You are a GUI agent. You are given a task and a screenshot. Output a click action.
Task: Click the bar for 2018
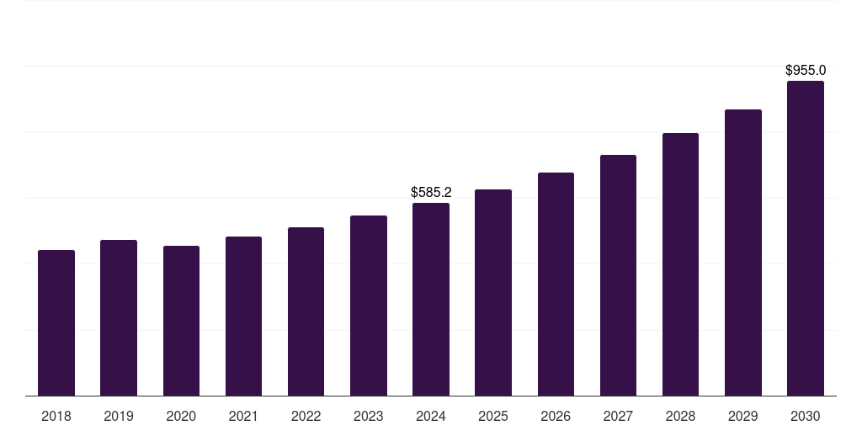tap(56, 323)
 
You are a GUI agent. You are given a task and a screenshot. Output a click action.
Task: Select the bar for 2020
tap(181, 321)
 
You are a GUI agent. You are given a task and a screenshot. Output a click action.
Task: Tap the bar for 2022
tap(306, 311)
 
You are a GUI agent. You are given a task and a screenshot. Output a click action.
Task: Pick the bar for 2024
tap(431, 300)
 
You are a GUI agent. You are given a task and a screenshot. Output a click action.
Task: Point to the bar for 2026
tap(556, 285)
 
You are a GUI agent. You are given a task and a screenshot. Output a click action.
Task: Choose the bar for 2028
tap(680, 264)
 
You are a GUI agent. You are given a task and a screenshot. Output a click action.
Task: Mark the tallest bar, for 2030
tap(806, 238)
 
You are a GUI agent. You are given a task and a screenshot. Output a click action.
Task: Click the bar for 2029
tap(743, 253)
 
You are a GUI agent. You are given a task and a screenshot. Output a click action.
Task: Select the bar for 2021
tap(243, 317)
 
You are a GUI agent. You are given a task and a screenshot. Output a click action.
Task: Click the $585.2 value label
tap(431, 193)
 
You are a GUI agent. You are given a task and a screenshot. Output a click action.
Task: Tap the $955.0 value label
tap(806, 71)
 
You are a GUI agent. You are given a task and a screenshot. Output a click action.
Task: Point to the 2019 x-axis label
tap(119, 417)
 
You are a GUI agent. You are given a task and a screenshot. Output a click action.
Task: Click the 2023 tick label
tap(369, 417)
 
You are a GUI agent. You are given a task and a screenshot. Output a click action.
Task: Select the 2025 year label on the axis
tap(493, 417)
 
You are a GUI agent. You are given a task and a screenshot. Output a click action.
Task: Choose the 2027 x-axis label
tap(618, 417)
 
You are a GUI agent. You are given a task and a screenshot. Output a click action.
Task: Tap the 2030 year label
tap(806, 417)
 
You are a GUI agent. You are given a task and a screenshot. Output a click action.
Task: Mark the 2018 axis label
tap(56, 417)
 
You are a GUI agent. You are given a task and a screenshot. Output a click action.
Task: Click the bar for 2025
tap(493, 293)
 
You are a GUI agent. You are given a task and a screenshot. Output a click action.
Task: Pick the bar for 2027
tap(618, 275)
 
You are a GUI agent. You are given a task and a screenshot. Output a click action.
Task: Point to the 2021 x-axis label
tap(243, 417)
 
